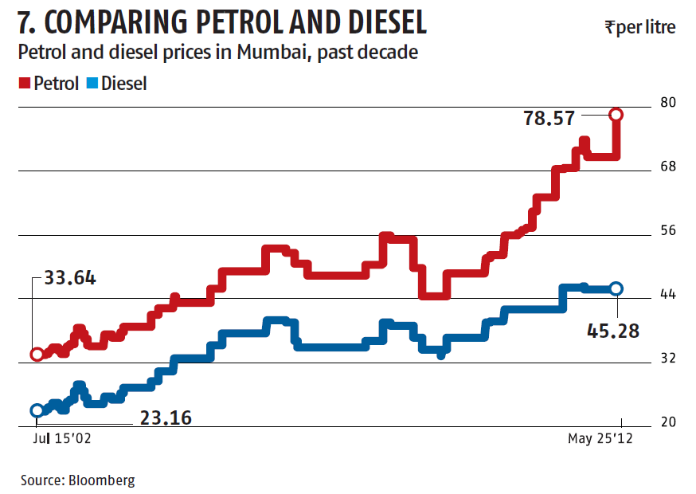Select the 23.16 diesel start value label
point(165,417)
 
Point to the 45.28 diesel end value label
point(612,330)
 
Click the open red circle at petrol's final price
point(616,115)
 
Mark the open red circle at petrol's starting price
point(37,355)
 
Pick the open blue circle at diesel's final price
point(616,288)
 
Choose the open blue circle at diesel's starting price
point(37,410)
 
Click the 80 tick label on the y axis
point(667,103)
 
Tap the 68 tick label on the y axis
point(667,167)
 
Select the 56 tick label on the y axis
point(667,230)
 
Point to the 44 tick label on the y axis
point(667,294)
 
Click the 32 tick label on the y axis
point(667,358)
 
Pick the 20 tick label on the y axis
point(667,421)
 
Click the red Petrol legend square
point(24,82)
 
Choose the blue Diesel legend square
point(92,82)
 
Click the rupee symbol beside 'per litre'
point(609,27)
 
